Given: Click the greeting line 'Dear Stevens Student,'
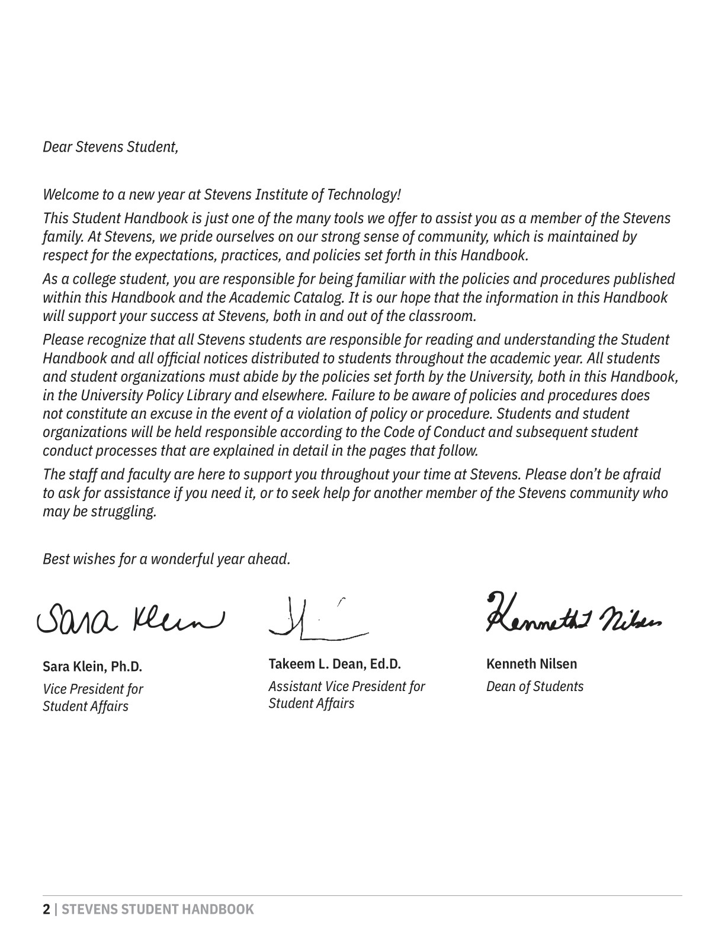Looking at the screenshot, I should point(110,147).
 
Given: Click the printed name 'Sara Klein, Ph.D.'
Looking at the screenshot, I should point(92,667).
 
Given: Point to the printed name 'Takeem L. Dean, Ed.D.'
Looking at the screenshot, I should point(335,664).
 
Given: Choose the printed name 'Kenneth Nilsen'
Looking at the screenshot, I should point(531,664).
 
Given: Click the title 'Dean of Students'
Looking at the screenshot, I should point(534,686).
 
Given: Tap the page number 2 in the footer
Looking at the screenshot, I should point(46,910).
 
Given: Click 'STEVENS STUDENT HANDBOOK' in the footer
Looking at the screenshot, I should point(158,910).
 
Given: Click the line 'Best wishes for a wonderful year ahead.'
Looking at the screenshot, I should point(166,558).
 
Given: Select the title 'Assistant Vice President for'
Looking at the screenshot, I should point(347,686).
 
